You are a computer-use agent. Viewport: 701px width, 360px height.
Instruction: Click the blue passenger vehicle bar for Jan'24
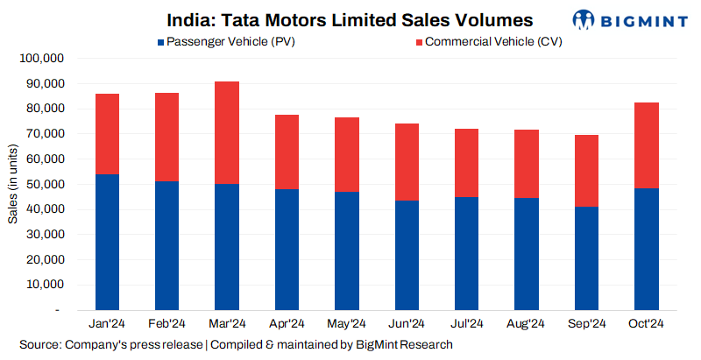[107, 242]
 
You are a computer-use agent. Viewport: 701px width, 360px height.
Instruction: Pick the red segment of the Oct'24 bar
[646, 145]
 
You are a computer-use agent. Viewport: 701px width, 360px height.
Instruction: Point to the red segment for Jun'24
[406, 162]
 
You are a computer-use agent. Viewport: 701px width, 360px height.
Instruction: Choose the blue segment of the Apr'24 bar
[287, 249]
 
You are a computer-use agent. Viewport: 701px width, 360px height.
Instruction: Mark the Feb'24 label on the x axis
[166, 324]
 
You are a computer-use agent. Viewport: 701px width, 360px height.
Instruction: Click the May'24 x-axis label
[346, 324]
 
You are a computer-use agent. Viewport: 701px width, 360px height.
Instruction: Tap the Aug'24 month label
[526, 324]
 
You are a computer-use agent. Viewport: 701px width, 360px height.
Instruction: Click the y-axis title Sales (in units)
[12, 185]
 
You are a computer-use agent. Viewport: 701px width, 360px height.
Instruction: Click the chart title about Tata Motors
[350, 19]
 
